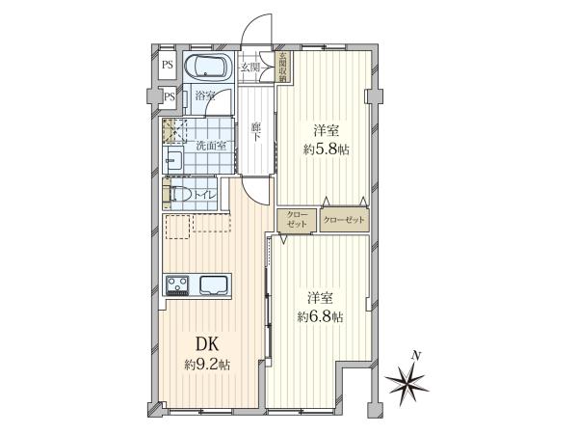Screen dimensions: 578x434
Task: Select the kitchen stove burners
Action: [177, 285]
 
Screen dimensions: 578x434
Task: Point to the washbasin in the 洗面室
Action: [173, 159]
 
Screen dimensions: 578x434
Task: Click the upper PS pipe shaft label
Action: [168, 66]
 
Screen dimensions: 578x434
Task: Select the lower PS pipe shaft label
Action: [170, 97]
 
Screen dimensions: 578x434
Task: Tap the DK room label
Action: [207, 344]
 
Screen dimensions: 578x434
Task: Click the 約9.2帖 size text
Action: [207, 365]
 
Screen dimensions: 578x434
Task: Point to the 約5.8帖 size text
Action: [326, 149]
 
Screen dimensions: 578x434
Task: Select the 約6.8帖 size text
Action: [321, 316]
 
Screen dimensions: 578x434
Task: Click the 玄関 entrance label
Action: [250, 68]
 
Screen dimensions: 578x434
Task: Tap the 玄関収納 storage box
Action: [283, 68]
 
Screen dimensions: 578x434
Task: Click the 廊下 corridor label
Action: [255, 132]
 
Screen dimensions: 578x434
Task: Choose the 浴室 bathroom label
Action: [205, 96]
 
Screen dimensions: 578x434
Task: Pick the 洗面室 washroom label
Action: [210, 146]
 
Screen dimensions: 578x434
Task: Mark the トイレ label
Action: [204, 196]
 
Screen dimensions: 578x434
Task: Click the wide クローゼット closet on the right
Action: [344, 220]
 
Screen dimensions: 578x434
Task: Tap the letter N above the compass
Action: [416, 356]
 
